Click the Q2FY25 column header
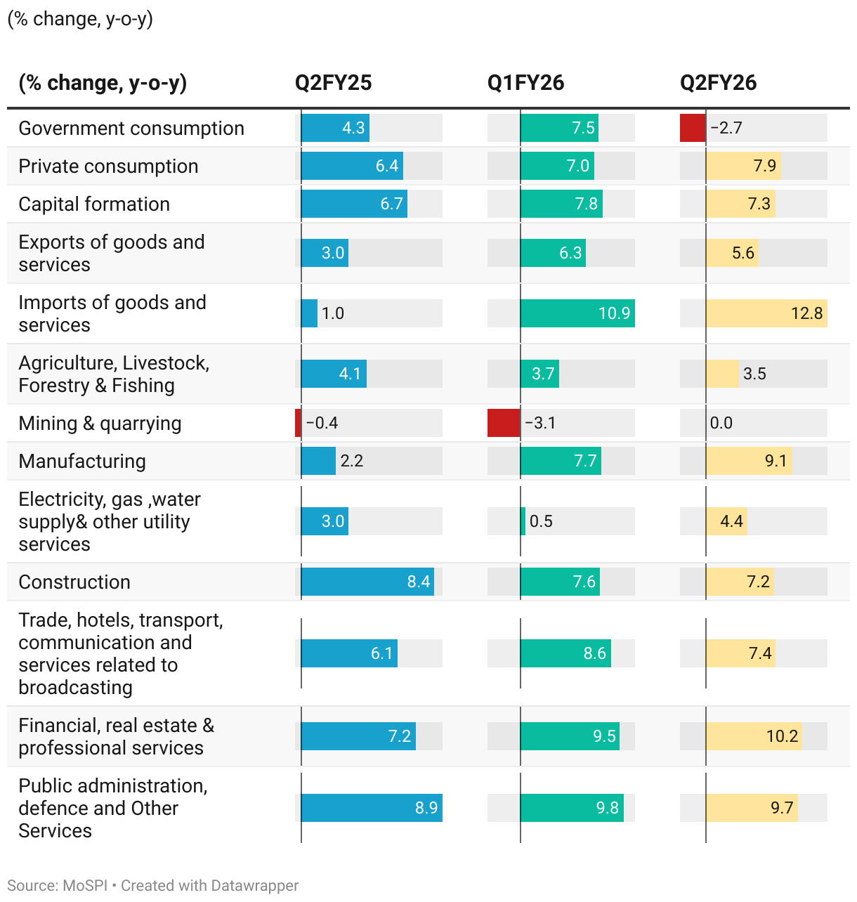333,83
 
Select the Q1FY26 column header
525,83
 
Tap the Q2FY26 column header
718,83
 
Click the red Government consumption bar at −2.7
693,128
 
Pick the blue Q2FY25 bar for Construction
367,582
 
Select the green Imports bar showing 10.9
577,313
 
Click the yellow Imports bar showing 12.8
766,313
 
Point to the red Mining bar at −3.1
504,423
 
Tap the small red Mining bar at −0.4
299,423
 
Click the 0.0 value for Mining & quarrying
721,423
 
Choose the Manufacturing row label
82,461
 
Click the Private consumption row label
108,166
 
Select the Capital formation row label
94,204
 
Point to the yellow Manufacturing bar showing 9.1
749,461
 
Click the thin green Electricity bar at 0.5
523,521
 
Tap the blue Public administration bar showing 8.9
372,808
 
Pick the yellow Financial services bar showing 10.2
754,736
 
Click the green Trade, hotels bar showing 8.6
565,653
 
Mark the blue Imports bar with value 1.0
309,313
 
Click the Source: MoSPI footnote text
58,886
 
